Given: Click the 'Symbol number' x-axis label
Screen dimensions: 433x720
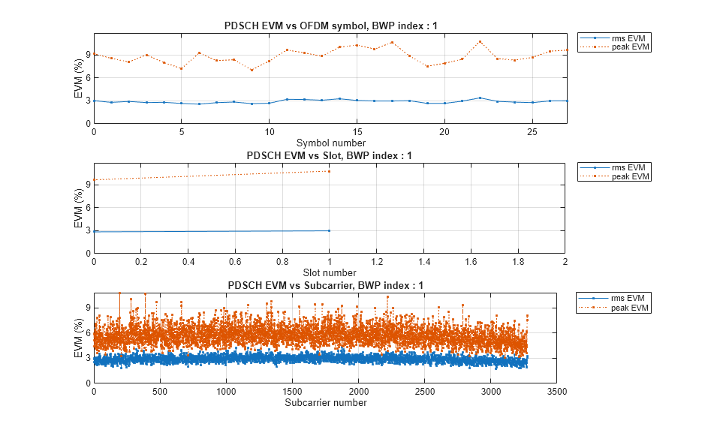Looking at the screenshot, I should (x=330, y=143).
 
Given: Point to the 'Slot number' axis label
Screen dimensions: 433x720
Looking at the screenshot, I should (x=330, y=272).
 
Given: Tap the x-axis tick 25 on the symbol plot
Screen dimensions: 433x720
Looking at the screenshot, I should (x=532, y=131).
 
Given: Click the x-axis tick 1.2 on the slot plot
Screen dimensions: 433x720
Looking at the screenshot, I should (x=377, y=261).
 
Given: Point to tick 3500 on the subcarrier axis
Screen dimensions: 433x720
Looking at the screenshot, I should (x=557, y=391).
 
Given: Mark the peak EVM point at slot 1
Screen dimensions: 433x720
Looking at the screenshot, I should (x=330, y=171).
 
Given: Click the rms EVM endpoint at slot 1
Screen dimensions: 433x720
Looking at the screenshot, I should (x=330, y=230).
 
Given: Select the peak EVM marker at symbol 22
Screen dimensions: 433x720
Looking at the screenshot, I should (x=480, y=41).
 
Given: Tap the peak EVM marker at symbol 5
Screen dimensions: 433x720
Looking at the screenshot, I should (x=182, y=68).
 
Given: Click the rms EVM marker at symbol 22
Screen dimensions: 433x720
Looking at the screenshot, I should (x=480, y=98).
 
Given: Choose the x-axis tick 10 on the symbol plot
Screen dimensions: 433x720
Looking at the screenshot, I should (x=270, y=131).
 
